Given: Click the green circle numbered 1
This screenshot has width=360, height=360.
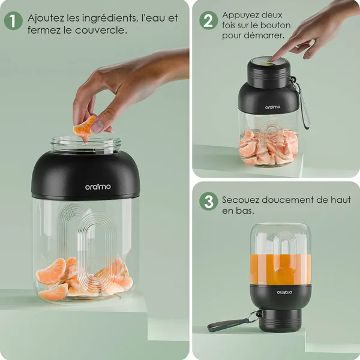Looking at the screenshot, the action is pyautogui.click(x=13, y=21).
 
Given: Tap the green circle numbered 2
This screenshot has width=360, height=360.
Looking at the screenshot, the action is pyautogui.click(x=208, y=20).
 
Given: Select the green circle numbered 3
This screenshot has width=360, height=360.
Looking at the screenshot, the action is pyautogui.click(x=208, y=202).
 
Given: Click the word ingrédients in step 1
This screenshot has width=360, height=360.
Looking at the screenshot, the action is pyautogui.click(x=110, y=19).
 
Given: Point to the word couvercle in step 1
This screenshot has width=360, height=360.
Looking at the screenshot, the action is pyautogui.click(x=100, y=31).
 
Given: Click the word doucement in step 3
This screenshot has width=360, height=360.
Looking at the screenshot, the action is pyautogui.click(x=287, y=200).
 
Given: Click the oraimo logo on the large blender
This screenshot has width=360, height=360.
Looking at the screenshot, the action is pyautogui.click(x=98, y=187).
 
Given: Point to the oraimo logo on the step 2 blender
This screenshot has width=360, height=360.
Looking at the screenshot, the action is pyautogui.click(x=272, y=107).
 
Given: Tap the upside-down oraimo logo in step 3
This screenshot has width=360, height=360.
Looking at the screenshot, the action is pyautogui.click(x=284, y=292).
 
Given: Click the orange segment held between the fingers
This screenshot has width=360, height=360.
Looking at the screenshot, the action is pyautogui.click(x=84, y=127).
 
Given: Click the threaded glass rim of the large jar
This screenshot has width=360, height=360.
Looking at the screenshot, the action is pyautogui.click(x=86, y=145).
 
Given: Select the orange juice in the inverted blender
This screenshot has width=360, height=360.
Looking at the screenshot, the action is pyautogui.click(x=280, y=269).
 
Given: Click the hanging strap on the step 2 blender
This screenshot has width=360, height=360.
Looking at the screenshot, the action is pyautogui.click(x=303, y=106).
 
